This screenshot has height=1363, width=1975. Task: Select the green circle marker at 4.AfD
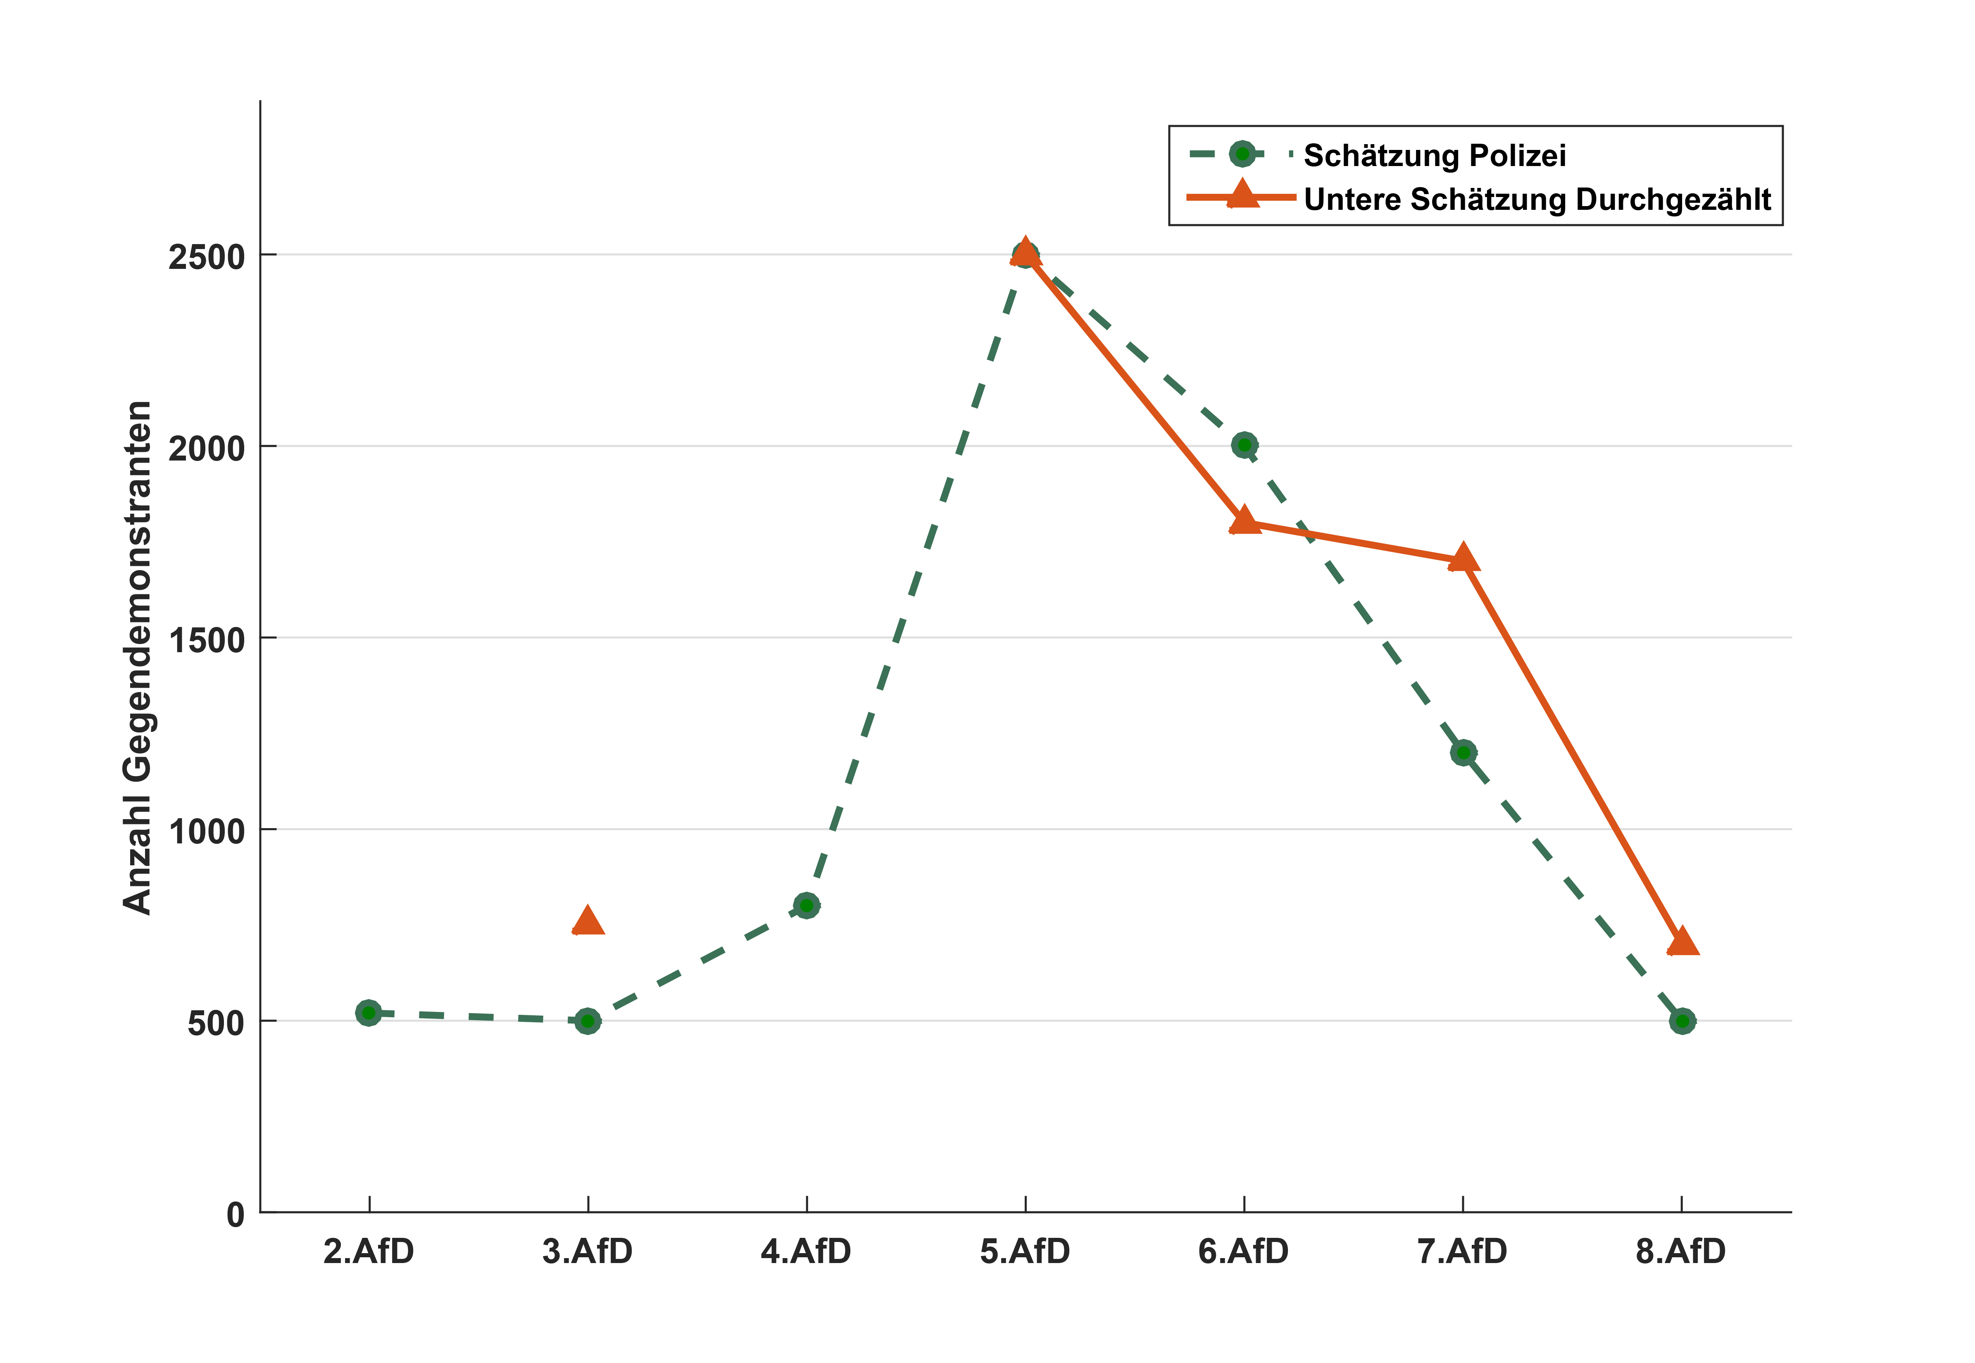[807, 905]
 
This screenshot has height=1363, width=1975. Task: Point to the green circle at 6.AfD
[1244, 445]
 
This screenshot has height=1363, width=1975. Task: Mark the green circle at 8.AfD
[1682, 1021]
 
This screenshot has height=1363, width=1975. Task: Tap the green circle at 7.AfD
[1463, 753]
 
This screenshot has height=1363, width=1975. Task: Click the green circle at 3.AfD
[588, 1021]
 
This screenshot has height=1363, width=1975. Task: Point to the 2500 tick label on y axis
[207, 256]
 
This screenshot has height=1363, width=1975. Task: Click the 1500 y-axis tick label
[207, 640]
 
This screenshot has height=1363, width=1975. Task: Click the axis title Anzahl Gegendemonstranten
[137, 658]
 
